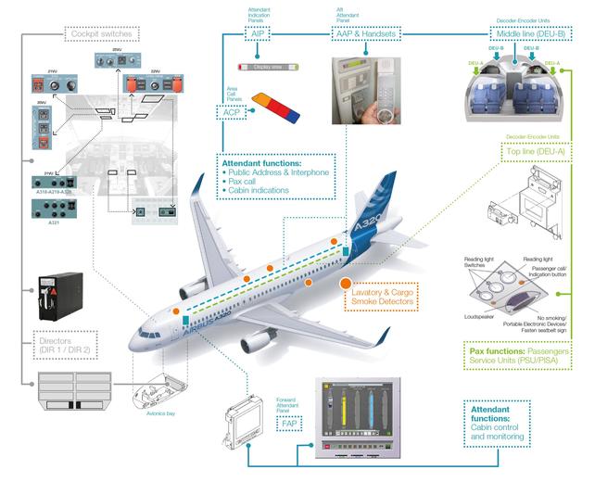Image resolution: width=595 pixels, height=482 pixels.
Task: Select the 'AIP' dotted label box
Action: [x=257, y=34]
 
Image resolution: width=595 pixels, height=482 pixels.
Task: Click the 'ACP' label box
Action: [x=231, y=112]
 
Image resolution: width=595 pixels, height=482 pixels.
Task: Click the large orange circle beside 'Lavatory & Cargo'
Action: [x=345, y=285]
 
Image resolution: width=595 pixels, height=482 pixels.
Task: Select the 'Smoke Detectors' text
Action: [x=384, y=301]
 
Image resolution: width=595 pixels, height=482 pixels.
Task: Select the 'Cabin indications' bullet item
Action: [x=263, y=192]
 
